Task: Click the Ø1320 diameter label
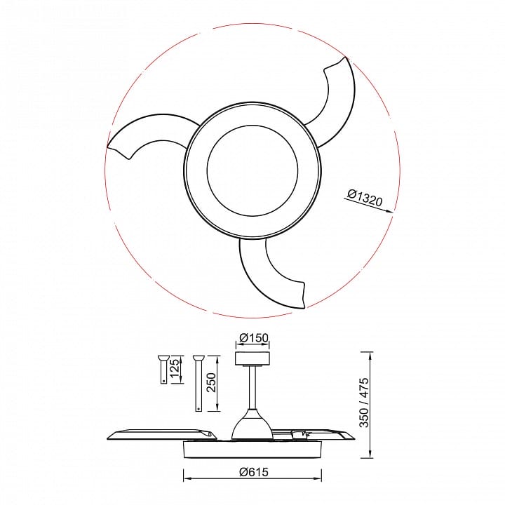365,198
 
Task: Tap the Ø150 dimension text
254,338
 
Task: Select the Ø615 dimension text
254,472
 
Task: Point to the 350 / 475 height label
364,403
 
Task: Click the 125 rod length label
174,370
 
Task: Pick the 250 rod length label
211,382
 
